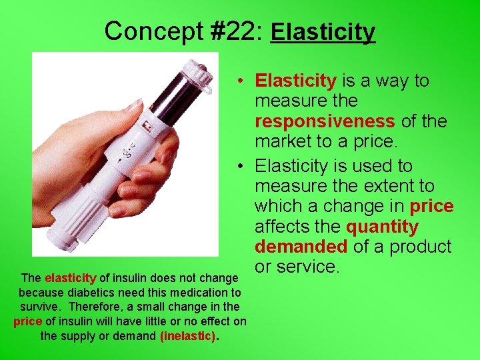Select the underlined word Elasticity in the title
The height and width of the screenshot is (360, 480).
[x=323, y=32]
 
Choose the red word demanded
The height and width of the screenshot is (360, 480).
[x=301, y=247]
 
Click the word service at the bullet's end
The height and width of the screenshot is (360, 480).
[x=309, y=267]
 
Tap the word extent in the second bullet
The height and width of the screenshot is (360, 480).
[x=384, y=186]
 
